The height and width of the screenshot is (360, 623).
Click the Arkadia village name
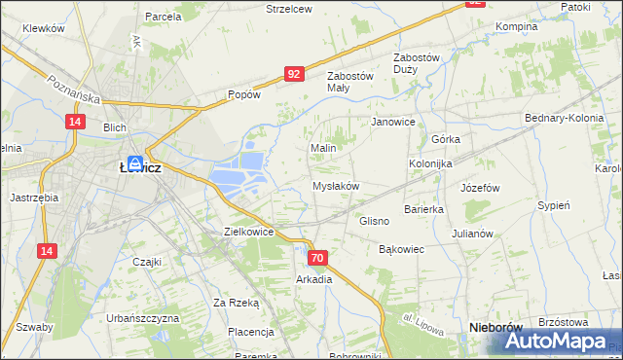[x=314, y=279]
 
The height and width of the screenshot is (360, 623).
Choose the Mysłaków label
[x=336, y=186]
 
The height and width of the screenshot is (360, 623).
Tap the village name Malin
[x=323, y=148]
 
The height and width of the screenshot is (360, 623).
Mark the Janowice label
[x=393, y=123]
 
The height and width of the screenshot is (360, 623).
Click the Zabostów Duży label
[x=417, y=63]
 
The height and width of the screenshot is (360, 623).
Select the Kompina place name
[x=516, y=26]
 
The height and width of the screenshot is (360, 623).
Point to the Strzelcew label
[x=289, y=9]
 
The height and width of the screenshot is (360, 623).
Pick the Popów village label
[x=243, y=95]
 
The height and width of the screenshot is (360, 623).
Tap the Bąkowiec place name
[x=401, y=249]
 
